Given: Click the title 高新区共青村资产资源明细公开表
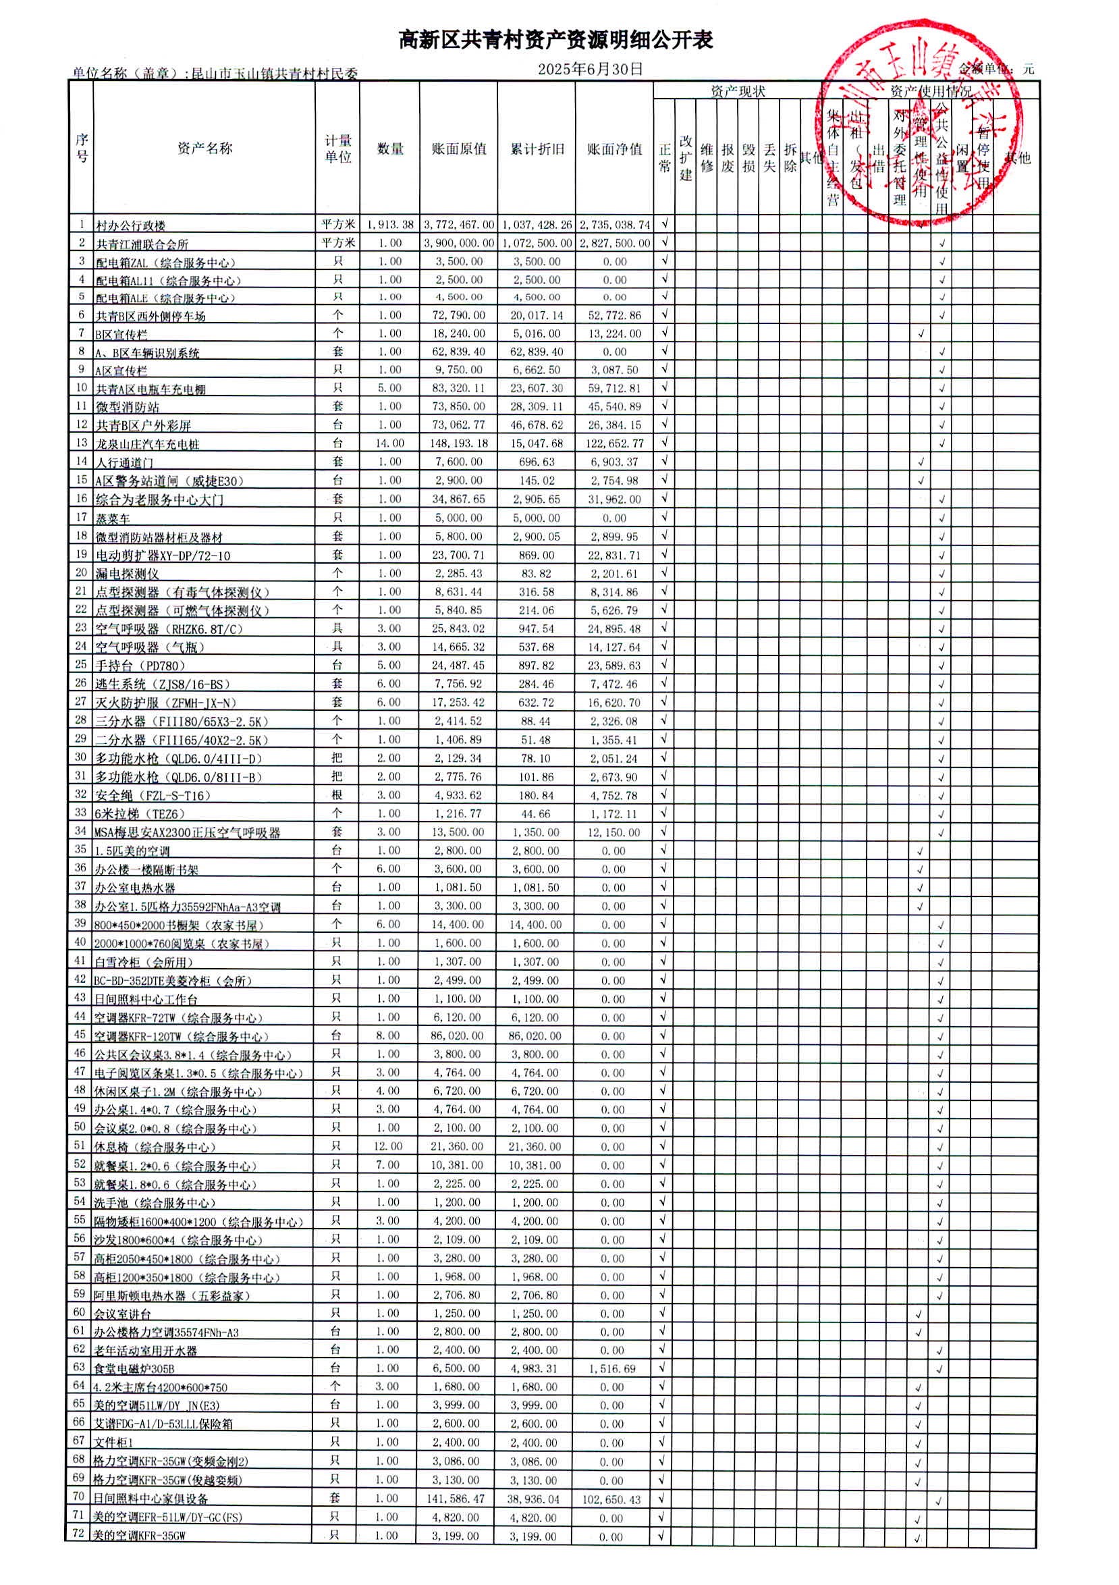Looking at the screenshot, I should [x=555, y=40].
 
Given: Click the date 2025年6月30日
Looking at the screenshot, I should [x=591, y=69].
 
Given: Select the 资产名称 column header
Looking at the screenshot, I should [x=204, y=149].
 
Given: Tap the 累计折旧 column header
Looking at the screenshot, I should [x=537, y=149].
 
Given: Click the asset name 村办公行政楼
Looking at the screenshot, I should [x=130, y=225].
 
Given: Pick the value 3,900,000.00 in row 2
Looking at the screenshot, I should [x=459, y=243].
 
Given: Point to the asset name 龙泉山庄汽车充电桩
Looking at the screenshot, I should [x=147, y=444].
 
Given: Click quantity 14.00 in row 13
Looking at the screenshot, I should [x=390, y=444].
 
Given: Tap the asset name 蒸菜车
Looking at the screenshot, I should [x=113, y=518].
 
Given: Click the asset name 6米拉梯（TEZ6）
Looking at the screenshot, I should [x=140, y=814].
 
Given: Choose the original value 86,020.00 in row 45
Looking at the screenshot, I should [x=458, y=1036].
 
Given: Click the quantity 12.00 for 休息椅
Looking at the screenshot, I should [x=388, y=1146].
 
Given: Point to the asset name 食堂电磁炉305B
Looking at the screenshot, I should [x=135, y=1369].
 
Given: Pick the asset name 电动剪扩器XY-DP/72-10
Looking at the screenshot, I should [x=163, y=556].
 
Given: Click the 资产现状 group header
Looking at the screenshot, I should [x=738, y=91].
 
